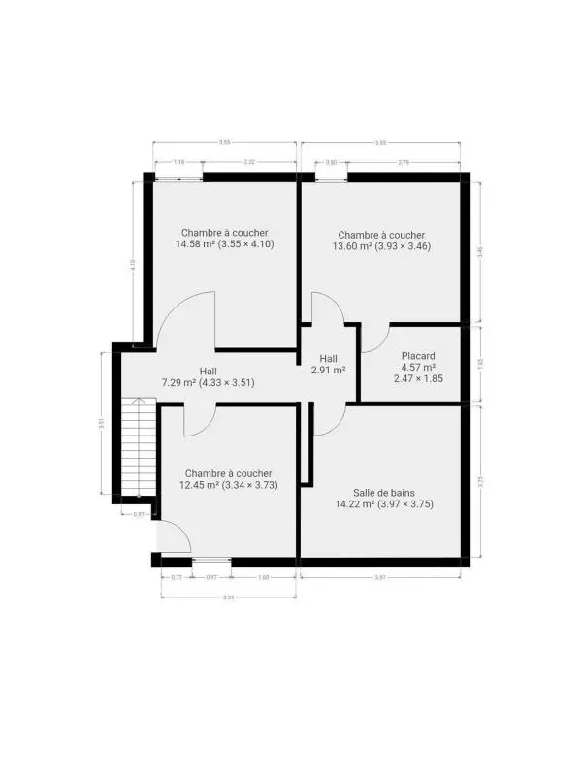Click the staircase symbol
(136, 445)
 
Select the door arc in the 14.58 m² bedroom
(184, 320)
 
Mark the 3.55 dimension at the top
(224, 142)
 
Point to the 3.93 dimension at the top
(380, 143)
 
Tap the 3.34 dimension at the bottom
(228, 597)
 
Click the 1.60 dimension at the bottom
(264, 577)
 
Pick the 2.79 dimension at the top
(404, 162)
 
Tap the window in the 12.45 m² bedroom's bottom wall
(211, 561)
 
